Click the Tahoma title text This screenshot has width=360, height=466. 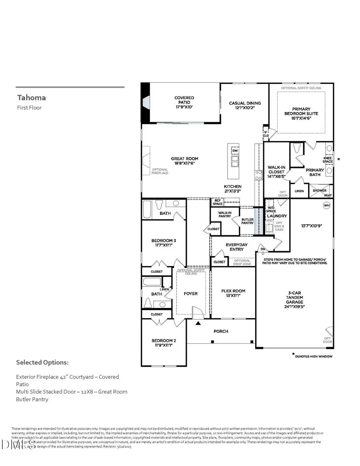point(32,97)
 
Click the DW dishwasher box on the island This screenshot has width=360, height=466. point(235,150)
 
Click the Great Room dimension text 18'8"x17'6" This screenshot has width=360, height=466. point(184,164)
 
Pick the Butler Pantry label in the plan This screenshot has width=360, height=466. point(247,221)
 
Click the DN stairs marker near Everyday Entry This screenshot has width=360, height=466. point(263,249)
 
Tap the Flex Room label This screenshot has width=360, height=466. point(233,293)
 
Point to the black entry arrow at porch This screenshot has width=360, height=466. point(198,323)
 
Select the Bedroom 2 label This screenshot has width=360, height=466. point(164,343)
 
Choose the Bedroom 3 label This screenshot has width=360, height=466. point(164,243)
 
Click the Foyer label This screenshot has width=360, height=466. point(190,293)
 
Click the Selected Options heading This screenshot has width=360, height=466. point(42,362)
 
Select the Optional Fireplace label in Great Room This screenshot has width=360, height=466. point(160,171)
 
